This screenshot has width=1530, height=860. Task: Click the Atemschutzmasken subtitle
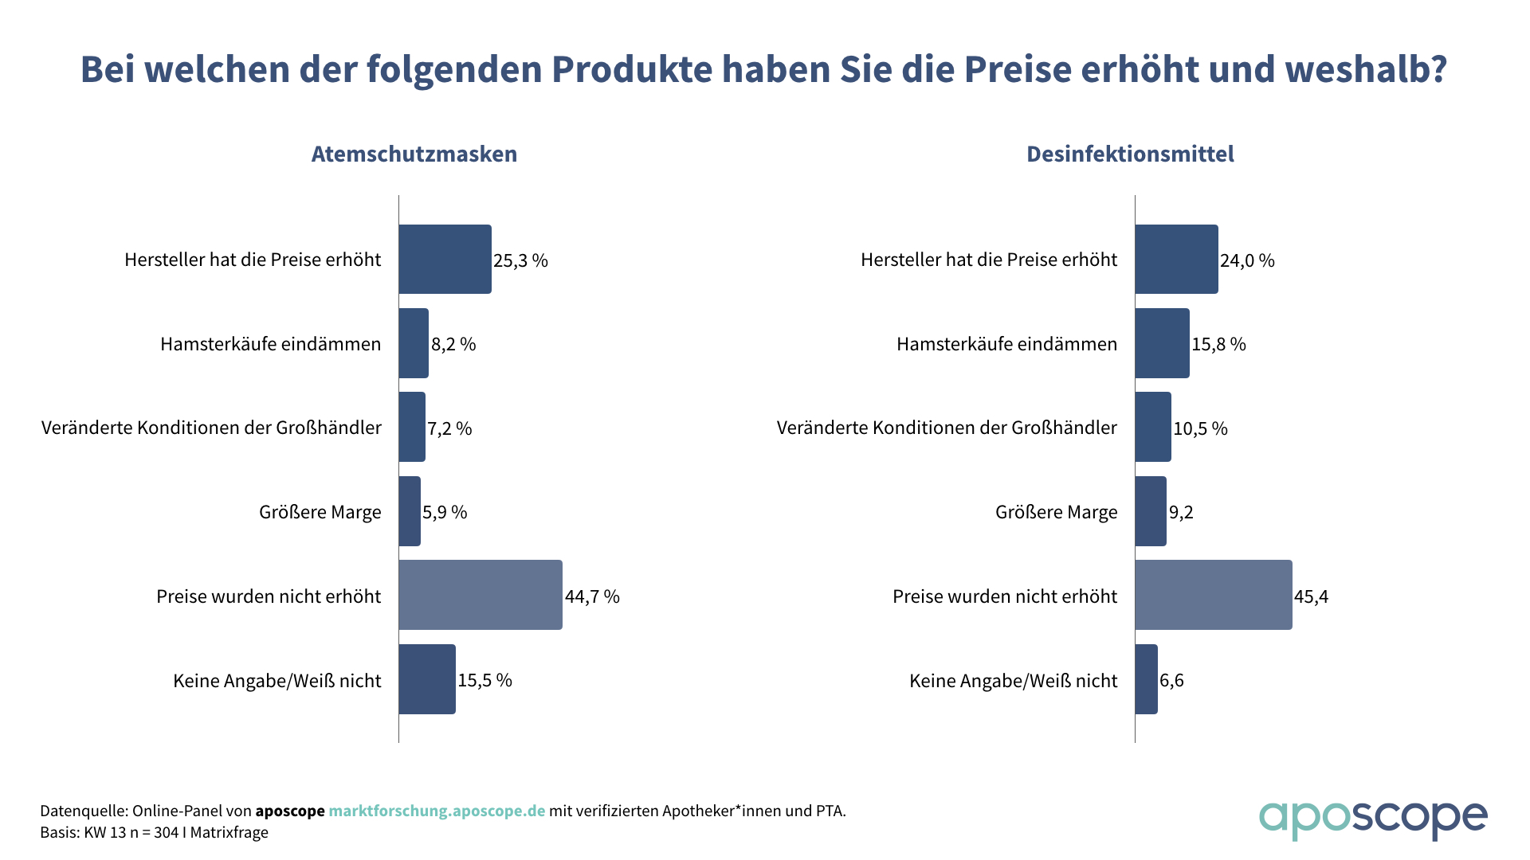pos(414,154)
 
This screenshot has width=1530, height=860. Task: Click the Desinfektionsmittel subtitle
pos(1130,154)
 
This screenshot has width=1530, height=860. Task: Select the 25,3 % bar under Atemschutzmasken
pos(445,260)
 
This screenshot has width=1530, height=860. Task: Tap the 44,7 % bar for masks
pos(481,595)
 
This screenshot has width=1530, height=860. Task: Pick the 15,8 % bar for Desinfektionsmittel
pos(1162,343)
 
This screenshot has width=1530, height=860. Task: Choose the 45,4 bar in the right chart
pos(1214,595)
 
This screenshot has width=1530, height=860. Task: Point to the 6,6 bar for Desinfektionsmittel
pos(1146,679)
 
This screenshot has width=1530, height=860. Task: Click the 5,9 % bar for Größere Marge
pos(410,511)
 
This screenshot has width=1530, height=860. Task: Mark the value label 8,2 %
pos(453,344)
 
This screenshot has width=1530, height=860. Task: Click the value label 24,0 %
pos(1247,260)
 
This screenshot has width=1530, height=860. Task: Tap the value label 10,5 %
pos(1200,428)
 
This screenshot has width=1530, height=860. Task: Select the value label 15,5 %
pos(484,680)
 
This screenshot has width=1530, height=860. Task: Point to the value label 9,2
pos(1181,512)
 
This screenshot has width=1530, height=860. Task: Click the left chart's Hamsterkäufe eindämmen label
pos(270,344)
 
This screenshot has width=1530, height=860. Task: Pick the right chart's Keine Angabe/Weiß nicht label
pos(1013,681)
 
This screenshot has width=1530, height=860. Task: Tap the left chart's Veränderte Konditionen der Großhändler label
pos(211,428)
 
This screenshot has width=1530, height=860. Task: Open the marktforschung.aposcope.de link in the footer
pos(437,811)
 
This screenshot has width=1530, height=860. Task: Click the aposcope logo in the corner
pos(1372,819)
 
